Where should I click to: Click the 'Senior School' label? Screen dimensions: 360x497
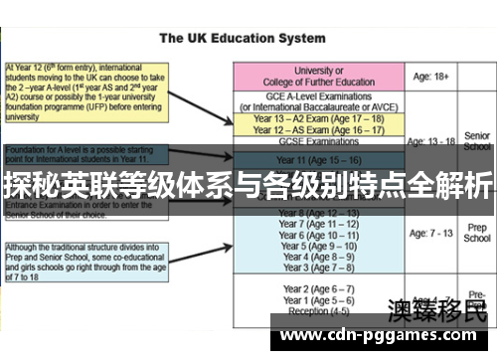coord(477,140)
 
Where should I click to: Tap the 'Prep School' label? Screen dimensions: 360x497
coord(477,233)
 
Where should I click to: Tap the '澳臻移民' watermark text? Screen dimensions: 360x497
coord(437,309)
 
